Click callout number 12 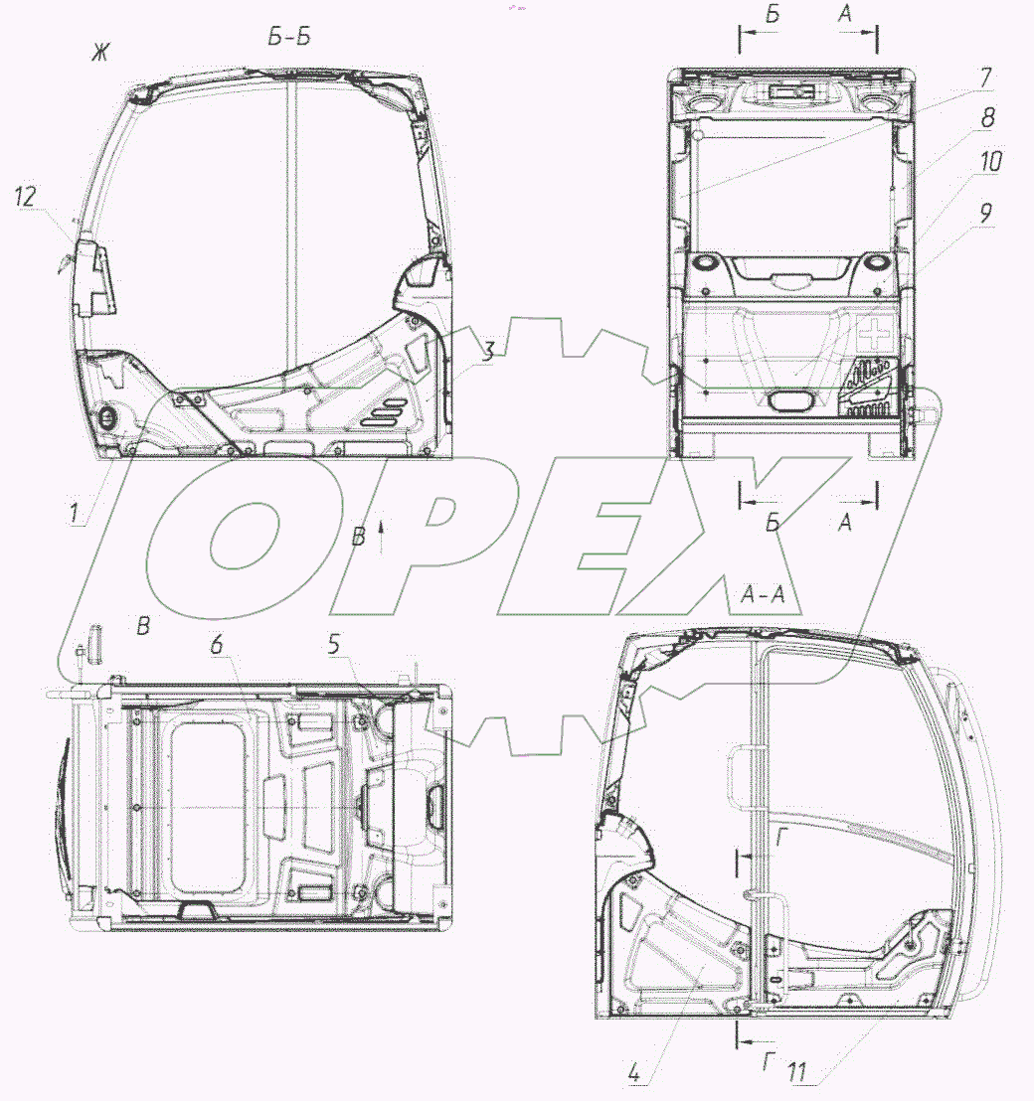(x=25, y=196)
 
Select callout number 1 (x=75, y=512)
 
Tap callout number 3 (x=488, y=351)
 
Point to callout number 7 (x=985, y=78)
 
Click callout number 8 (x=987, y=117)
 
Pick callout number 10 (x=991, y=162)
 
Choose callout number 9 (x=985, y=213)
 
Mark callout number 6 (x=217, y=644)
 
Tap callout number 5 (x=334, y=644)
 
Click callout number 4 (x=633, y=1073)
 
